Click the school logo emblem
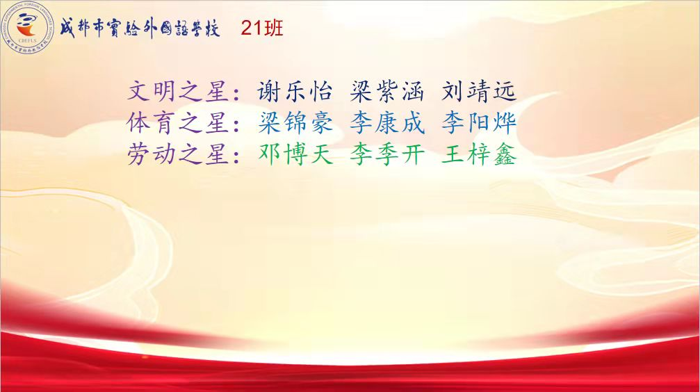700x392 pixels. (28, 28)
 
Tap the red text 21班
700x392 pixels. (262, 28)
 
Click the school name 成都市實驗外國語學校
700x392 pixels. (140, 28)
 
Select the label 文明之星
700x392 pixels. (178, 92)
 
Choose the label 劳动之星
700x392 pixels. (178, 154)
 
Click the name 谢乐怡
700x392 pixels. (295, 92)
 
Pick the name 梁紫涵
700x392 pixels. (386, 92)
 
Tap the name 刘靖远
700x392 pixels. (479, 92)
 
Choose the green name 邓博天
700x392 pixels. (295, 154)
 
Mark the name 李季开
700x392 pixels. (386, 154)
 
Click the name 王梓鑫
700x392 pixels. (479, 154)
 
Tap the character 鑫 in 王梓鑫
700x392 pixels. (505, 154)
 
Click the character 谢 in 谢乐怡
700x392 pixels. (269, 92)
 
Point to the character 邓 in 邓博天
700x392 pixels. (269, 154)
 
